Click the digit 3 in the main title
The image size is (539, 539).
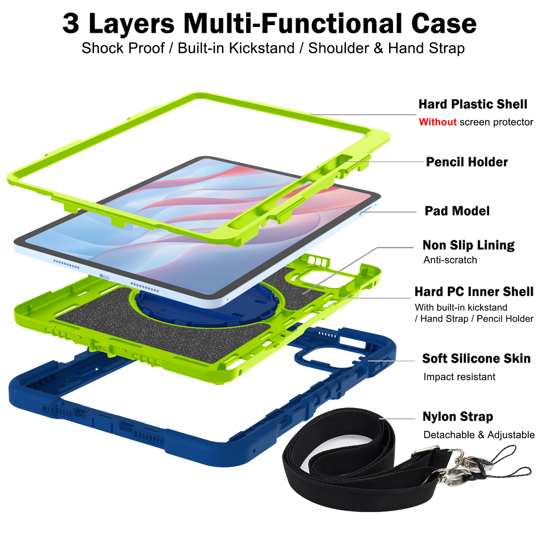point(71,24)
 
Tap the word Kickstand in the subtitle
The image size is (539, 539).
point(262,48)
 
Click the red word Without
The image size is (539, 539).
point(438,122)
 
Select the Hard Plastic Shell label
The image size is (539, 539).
point(473,104)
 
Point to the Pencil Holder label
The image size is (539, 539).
point(467,162)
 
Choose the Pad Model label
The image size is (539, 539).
point(457,211)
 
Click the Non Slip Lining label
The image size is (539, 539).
point(468,245)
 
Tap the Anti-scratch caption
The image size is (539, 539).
point(450,260)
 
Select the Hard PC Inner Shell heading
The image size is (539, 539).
point(474,292)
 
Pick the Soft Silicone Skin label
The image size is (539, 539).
point(476,358)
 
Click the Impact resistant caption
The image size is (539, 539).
point(459,377)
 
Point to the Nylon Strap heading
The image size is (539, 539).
point(458,417)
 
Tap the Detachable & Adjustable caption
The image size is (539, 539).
point(479,435)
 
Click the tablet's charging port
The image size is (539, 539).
point(105,277)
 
